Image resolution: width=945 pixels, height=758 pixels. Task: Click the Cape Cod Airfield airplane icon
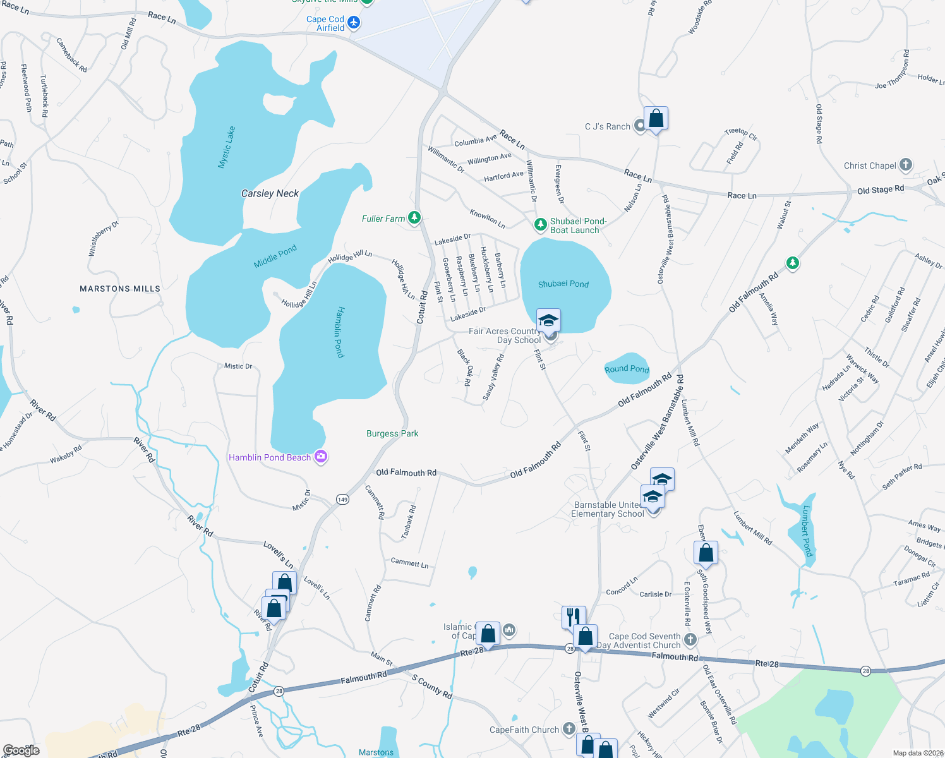coord(354,23)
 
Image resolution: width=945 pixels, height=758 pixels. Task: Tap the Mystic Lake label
coord(226,147)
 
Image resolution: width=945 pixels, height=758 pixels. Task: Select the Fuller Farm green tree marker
coord(414,218)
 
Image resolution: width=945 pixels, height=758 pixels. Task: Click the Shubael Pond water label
coord(563,284)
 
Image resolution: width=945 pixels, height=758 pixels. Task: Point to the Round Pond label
coord(627,369)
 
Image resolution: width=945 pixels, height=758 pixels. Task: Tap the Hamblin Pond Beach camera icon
coord(321,457)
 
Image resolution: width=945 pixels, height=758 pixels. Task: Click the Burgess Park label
coord(392,434)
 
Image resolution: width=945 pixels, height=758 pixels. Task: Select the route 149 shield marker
coord(342,499)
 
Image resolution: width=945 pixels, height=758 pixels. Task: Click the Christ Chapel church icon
coord(905,165)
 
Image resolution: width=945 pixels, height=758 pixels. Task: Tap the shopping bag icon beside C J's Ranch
coord(656,118)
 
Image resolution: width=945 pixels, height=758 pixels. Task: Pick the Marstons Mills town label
coord(120,289)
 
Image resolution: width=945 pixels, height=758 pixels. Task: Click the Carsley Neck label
coord(270,193)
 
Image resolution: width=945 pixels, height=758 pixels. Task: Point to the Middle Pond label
coord(275,256)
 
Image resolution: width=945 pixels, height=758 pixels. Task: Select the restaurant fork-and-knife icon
coord(574,616)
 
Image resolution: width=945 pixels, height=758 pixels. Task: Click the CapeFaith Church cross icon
coord(569,730)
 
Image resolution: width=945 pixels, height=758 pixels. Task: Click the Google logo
coord(21,750)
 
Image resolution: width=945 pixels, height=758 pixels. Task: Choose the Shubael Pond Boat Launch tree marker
coord(540,224)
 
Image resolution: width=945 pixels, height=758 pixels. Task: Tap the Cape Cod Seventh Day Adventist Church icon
coord(690,640)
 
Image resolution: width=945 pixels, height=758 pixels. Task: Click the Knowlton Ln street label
coord(487,220)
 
